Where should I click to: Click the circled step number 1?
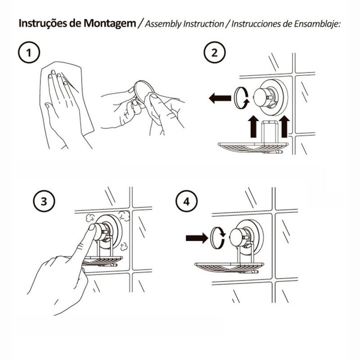tap(29, 52)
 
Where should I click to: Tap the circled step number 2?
tap(215, 52)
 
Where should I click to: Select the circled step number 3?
tap(44, 201)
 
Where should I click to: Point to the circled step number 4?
tap(186, 201)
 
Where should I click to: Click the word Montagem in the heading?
tap(110, 24)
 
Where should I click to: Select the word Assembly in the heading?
tap(163, 24)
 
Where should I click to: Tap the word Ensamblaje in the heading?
tap(317, 24)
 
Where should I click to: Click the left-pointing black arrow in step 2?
tap(220, 98)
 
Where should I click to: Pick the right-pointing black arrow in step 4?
tap(197, 238)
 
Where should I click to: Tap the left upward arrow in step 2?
tap(253, 126)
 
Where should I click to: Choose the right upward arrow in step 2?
tap(284, 126)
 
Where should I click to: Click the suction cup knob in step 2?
tap(262, 97)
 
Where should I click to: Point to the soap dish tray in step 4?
tap(229, 267)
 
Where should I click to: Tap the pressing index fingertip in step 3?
tap(92, 228)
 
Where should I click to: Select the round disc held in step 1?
tap(144, 92)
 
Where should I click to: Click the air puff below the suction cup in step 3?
tap(124, 246)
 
